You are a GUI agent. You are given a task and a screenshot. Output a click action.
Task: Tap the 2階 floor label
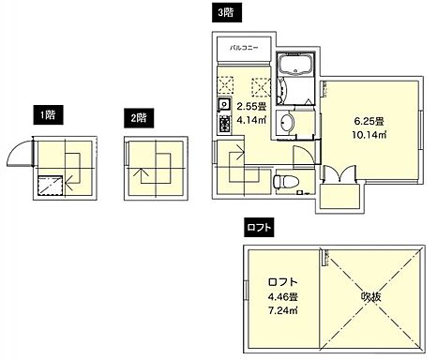pyautogui.click(x=139, y=118)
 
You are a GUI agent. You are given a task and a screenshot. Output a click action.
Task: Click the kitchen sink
pyautogui.click(x=224, y=103)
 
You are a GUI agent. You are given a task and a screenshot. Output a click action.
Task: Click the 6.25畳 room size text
pyautogui.click(x=369, y=121)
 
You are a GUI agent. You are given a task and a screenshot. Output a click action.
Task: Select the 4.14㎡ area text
pyautogui.click(x=251, y=119)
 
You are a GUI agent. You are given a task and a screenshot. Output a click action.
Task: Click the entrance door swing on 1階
pyautogui.click(x=20, y=151)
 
